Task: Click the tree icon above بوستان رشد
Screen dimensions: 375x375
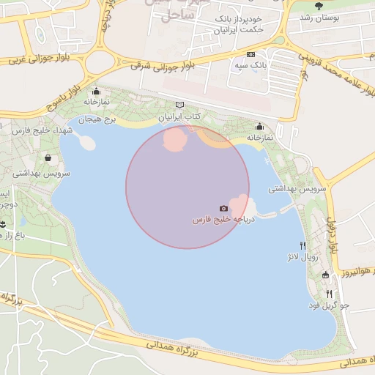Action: [317, 6]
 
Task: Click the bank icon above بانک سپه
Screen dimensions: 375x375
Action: [251, 55]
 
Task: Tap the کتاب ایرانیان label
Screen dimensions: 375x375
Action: [179, 117]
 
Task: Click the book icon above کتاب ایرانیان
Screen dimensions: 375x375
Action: [180, 105]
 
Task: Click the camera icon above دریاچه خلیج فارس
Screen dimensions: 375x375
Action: [223, 209]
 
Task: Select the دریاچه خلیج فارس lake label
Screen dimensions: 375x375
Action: [223, 220]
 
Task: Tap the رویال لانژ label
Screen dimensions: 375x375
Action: [302, 258]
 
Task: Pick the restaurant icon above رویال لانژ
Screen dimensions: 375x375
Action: [302, 246]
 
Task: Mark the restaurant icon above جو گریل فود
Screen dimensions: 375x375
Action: [330, 294]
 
